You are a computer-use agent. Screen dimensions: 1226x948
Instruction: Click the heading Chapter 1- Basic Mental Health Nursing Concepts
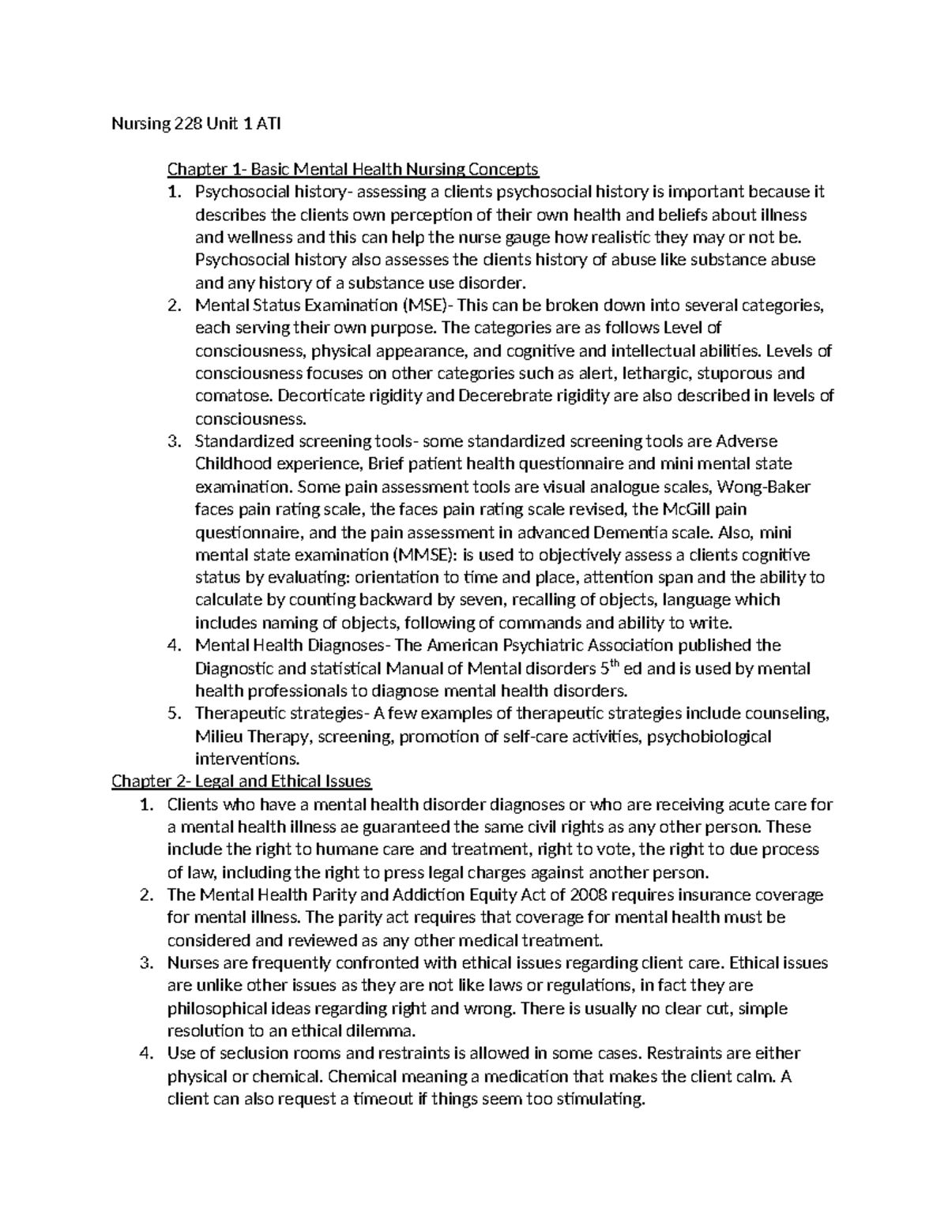click(352, 169)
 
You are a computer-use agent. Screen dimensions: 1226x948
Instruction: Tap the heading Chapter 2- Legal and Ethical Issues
click(241, 782)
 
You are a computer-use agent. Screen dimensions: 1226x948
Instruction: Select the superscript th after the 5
click(615, 664)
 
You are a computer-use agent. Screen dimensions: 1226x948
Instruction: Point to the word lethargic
click(653, 373)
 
